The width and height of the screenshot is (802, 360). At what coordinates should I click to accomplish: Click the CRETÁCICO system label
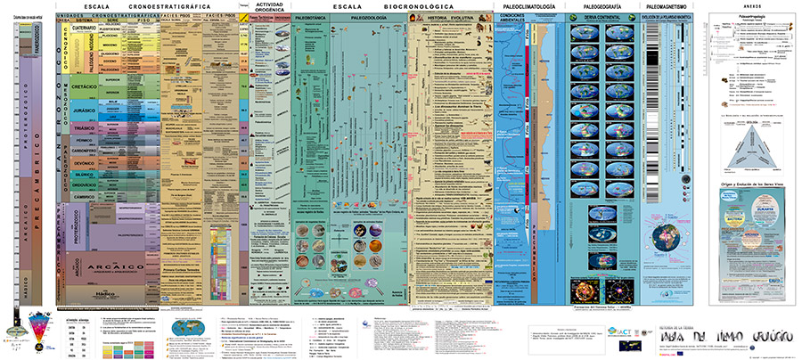[83, 86]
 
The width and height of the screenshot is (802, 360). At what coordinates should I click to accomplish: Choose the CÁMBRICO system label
[83, 195]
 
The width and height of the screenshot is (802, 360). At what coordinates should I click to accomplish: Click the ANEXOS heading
[753, 7]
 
